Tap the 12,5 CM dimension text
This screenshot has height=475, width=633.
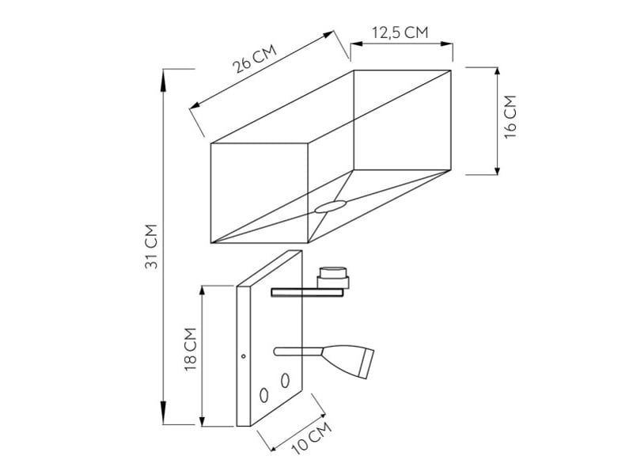click(400, 32)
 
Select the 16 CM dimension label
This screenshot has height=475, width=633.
click(510, 116)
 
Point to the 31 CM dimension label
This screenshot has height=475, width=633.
click(151, 246)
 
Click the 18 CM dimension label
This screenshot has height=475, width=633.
click(190, 350)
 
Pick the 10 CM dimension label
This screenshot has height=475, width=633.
click(312, 439)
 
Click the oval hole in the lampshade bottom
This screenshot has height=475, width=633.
click(331, 207)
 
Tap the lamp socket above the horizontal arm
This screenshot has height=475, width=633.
click(333, 277)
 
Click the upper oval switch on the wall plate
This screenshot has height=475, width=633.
click(285, 380)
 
